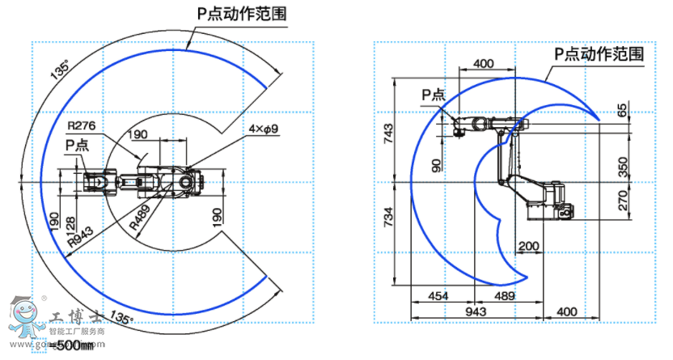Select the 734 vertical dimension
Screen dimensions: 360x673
tap(387, 218)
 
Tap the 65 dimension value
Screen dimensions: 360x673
tap(622, 110)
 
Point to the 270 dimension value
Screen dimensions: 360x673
tap(622, 200)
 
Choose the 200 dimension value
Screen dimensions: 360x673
tap(528, 245)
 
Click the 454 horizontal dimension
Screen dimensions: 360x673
tap(438, 296)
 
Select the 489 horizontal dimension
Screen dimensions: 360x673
tap(504, 296)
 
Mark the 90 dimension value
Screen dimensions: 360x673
tap(438, 165)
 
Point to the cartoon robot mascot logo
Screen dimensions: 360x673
tap(28, 320)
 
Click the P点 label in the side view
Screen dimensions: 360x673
tap(434, 95)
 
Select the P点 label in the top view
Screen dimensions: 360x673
tap(78, 143)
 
